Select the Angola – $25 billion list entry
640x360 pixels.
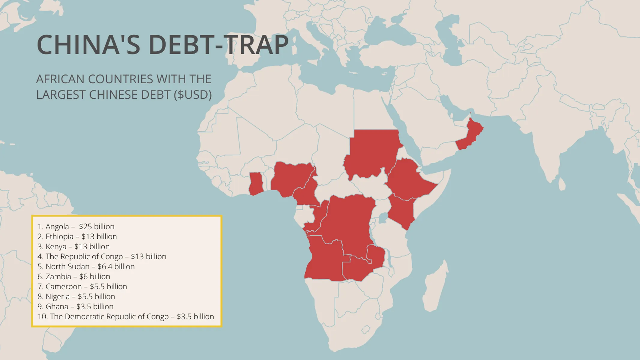point(76,226)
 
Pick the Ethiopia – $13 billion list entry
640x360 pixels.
point(77,236)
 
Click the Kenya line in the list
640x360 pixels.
point(74,247)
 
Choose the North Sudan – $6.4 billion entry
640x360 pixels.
point(86,266)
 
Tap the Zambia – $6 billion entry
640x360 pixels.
point(74,277)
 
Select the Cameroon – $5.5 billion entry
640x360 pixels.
point(82,286)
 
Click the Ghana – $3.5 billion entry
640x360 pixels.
point(75,307)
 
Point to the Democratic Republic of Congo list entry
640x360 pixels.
point(126,316)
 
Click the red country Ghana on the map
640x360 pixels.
point(256,184)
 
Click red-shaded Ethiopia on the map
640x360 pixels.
point(408,180)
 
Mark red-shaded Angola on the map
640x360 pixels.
point(324,261)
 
